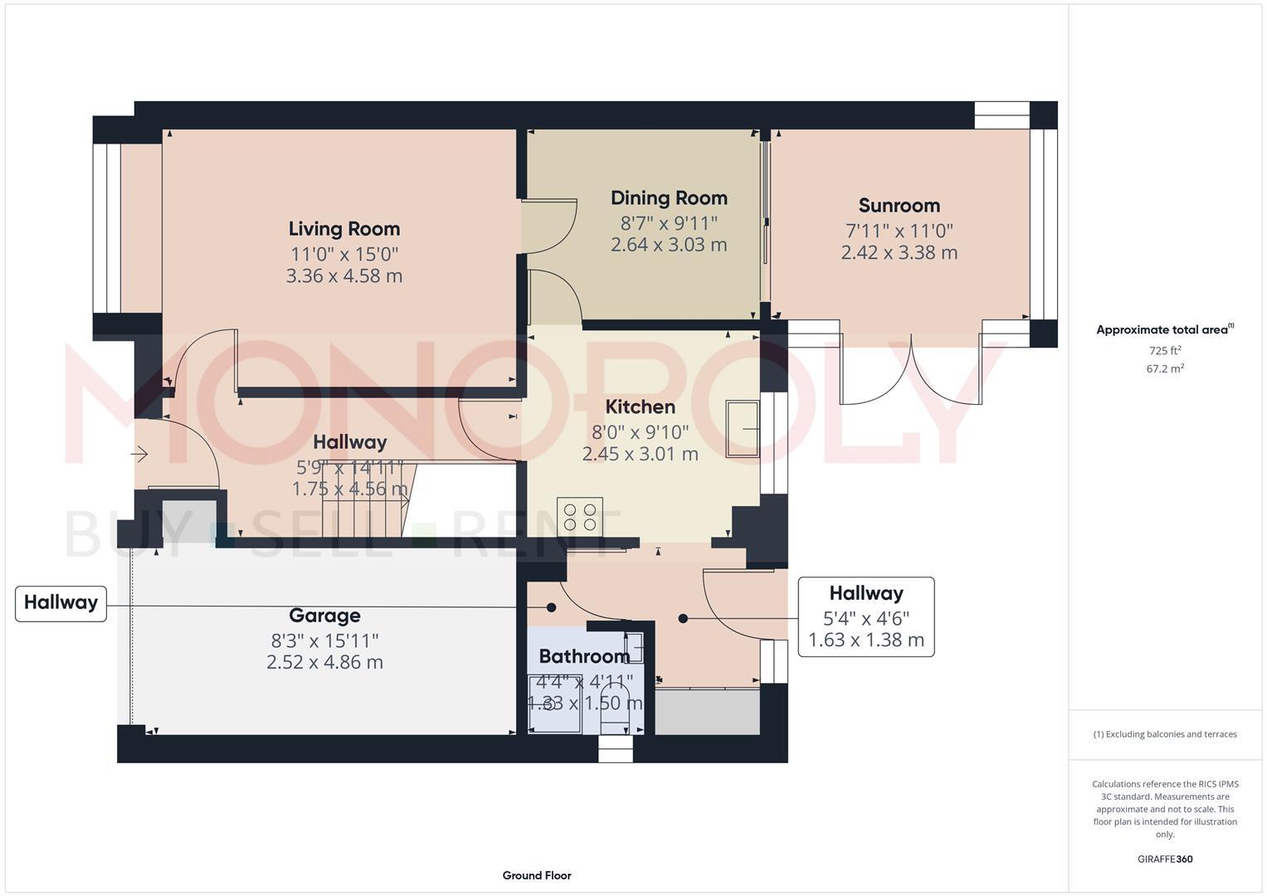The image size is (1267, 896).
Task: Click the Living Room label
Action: (344, 229)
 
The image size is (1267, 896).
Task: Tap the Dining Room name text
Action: (669, 198)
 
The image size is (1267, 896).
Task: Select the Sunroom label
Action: (899, 206)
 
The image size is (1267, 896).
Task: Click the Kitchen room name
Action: (640, 407)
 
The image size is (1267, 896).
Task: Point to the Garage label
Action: (324, 616)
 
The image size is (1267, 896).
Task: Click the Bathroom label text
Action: (584, 657)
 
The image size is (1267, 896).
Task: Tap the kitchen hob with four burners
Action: (580, 516)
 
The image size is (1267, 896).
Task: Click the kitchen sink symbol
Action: (742, 429)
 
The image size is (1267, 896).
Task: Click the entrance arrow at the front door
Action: (139, 455)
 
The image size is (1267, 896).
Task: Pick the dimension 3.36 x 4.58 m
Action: (344, 276)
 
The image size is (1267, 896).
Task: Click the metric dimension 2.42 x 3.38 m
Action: (899, 253)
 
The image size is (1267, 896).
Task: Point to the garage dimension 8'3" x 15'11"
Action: (324, 640)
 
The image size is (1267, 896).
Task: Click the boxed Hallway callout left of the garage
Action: (61, 603)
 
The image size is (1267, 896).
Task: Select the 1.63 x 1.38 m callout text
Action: (865, 640)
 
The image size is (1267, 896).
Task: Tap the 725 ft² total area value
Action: (1164, 351)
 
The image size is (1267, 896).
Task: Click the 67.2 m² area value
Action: (1164, 369)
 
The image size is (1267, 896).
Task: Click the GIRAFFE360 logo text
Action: (1164, 859)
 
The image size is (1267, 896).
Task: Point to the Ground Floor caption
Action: (536, 875)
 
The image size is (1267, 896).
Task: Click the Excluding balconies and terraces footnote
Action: (1164, 734)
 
